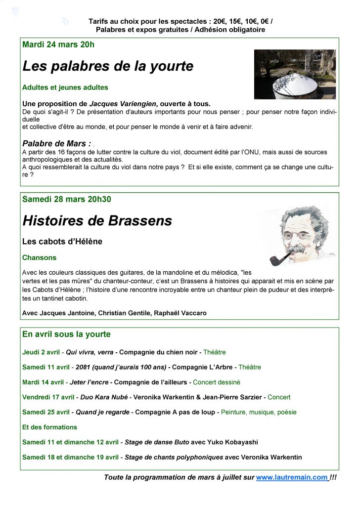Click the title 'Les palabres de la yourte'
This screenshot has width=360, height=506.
click(x=108, y=66)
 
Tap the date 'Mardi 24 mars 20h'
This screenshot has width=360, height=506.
click(x=58, y=44)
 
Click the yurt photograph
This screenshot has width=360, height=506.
click(x=295, y=74)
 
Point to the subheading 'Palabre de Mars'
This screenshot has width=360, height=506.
click(x=57, y=143)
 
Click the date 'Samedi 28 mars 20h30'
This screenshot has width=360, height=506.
click(x=67, y=199)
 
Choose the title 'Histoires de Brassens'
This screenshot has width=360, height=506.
click(x=97, y=221)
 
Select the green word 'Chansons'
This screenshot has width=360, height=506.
click(x=40, y=257)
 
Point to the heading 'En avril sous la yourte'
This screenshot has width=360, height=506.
click(x=66, y=334)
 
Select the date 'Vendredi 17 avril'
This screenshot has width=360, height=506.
click(x=48, y=397)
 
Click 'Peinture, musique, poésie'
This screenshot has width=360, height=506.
click(x=259, y=412)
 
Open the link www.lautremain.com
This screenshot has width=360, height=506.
click(x=292, y=477)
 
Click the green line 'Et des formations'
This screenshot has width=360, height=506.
click(x=49, y=427)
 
